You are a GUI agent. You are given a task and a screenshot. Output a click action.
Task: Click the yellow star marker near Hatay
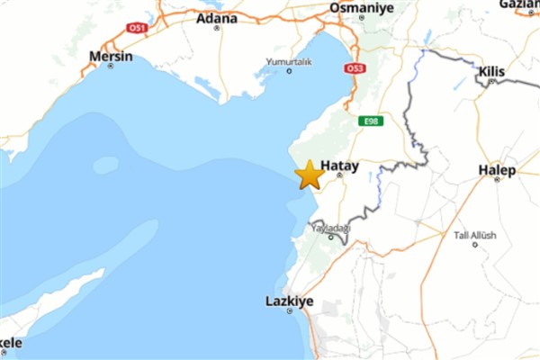coord(309,175)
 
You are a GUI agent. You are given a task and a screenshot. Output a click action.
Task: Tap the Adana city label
coord(217,17)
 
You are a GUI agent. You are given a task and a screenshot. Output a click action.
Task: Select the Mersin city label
coord(111,56)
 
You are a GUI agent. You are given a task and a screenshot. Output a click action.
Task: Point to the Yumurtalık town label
coord(288,61)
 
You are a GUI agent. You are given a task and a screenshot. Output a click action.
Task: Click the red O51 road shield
coord(136,28)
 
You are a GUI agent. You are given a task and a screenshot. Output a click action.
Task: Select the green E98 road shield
coord(368,121)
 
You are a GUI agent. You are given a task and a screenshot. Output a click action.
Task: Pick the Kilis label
coord(492,69)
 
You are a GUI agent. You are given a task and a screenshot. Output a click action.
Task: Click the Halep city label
coord(498,168)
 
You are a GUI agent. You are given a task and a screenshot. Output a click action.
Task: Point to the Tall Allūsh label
coord(474,236)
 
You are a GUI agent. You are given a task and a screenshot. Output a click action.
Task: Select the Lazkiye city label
coord(290,301)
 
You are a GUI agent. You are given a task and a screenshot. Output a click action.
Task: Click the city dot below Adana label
coord(217,28)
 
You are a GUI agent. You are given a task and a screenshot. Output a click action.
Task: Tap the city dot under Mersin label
coord(111,67)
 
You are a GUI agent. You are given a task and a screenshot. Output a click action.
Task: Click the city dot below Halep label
coord(498,179)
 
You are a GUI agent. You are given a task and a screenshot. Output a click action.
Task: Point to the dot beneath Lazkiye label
coord(290,311)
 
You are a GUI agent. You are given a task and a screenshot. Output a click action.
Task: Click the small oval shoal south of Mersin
coord(105,165)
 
